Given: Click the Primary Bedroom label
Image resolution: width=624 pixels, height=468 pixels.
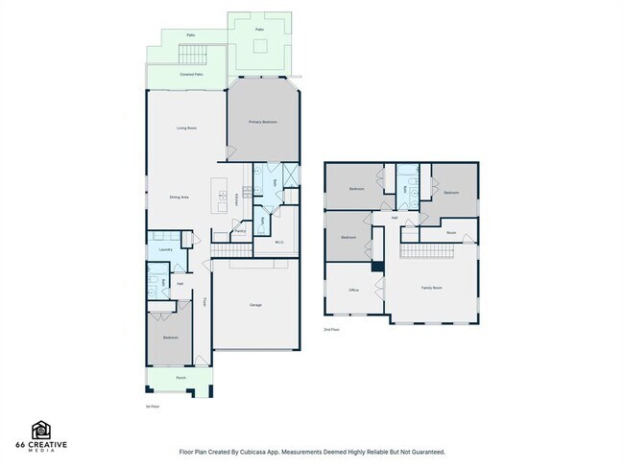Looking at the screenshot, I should pyautogui.click(x=263, y=122).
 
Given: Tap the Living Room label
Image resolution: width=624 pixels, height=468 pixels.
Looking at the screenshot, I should pyautogui.click(x=186, y=128).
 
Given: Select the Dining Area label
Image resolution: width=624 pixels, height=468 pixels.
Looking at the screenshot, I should pyautogui.click(x=179, y=197).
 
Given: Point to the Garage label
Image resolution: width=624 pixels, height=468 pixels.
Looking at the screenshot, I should pyautogui.click(x=255, y=305).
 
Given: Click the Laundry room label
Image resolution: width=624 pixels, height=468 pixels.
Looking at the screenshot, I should pyautogui.click(x=165, y=249).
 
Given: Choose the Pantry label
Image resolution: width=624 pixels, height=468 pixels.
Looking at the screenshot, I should pyautogui.click(x=240, y=230).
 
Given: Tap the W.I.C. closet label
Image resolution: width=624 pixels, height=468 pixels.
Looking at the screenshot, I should pyautogui.click(x=279, y=242).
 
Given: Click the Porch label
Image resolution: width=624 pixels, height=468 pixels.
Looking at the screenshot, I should pyautogui.click(x=180, y=379).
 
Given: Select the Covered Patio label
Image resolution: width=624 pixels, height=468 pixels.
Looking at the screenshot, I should pyautogui.click(x=191, y=74).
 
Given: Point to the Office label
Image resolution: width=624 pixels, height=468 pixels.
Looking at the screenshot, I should pyautogui.click(x=353, y=289).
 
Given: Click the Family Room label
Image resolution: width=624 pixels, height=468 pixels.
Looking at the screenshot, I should pyautogui.click(x=432, y=288).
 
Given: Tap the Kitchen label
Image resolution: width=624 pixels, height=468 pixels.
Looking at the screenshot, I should pyautogui.click(x=236, y=199).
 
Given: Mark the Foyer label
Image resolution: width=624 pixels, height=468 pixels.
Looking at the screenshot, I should pyautogui.click(x=204, y=302).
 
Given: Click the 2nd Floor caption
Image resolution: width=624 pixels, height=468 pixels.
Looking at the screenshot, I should pyautogui.click(x=331, y=329).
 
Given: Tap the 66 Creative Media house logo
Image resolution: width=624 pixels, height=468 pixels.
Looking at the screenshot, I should pyautogui.click(x=41, y=430).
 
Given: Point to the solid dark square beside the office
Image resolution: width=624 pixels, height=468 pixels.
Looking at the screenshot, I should pyautogui.click(x=378, y=266).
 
